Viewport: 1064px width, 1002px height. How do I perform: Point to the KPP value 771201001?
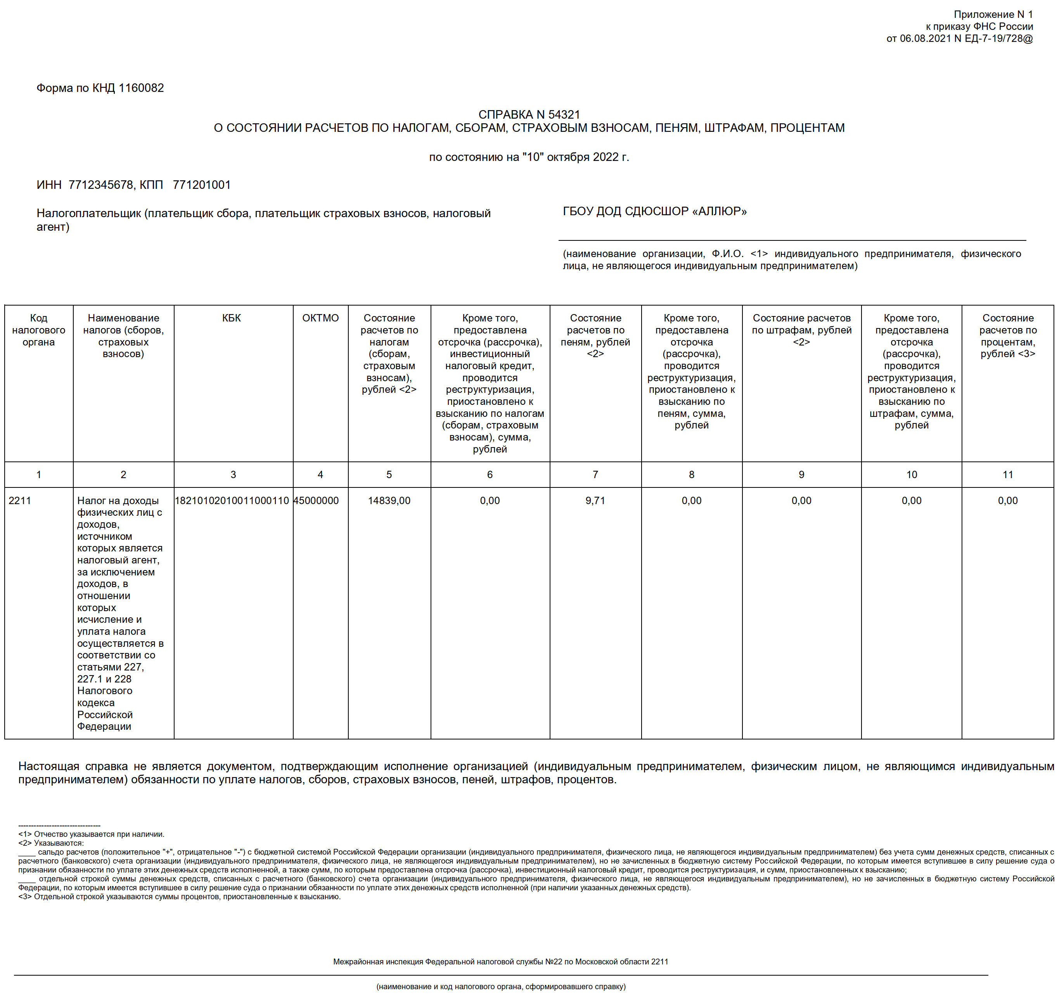tap(201, 185)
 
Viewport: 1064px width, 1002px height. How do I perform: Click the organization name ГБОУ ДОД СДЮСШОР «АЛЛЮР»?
tap(654, 211)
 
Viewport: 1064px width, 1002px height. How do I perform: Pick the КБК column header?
tap(231, 318)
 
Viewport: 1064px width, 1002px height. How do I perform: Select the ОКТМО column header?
tap(320, 318)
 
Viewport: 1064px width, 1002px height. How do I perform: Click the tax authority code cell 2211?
tap(20, 501)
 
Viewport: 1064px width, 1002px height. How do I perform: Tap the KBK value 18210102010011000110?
tap(232, 501)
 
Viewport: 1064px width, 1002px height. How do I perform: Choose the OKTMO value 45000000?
tap(316, 501)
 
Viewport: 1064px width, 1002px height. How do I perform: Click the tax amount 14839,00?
tap(389, 501)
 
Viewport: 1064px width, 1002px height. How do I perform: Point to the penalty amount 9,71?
tap(595, 501)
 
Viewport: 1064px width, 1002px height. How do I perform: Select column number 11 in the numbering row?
tap(1007, 475)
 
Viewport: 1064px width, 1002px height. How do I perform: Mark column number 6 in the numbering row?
tap(489, 475)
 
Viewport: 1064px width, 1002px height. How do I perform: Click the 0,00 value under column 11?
tap(1007, 501)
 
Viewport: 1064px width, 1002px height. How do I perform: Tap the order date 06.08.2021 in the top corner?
tap(924, 38)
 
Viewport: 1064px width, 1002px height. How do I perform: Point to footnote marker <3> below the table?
tap(25, 897)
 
